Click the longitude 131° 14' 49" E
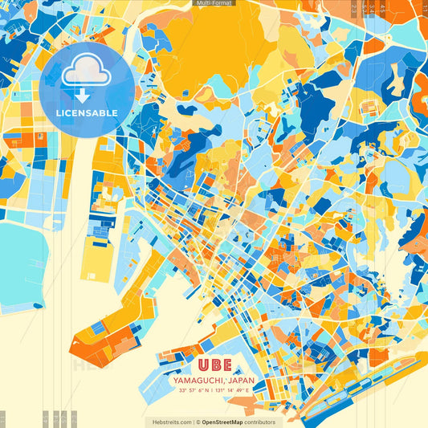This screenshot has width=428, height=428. pos(233,390)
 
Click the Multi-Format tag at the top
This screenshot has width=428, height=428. pos(214,3)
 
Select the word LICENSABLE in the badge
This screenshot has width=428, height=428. pos(87,113)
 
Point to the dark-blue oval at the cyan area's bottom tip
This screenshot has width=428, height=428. pos(36,305)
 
